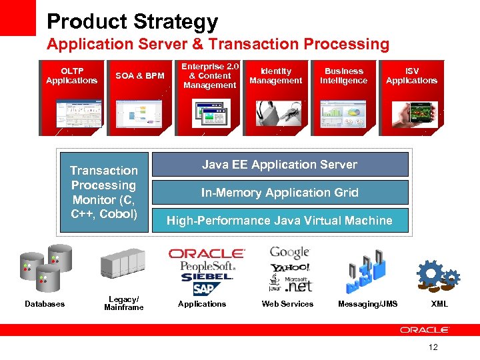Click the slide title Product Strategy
pyautogui.click(x=132, y=21)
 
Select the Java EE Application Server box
pyautogui.click(x=280, y=165)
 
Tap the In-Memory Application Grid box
pyautogui.click(x=280, y=193)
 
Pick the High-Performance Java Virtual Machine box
pyautogui.click(x=280, y=221)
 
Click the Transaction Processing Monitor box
pyautogui.click(x=104, y=192)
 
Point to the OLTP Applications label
pyautogui.click(x=71, y=76)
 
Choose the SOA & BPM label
pyautogui.click(x=140, y=76)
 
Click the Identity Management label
pyautogui.click(x=275, y=76)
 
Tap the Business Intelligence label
pyautogui.click(x=343, y=76)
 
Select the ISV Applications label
pyautogui.click(x=411, y=76)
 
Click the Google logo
pyautogui.click(x=289, y=253)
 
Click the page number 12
pyautogui.click(x=433, y=347)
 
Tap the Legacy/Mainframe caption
pyautogui.click(x=124, y=304)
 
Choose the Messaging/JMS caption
pyautogui.click(x=367, y=304)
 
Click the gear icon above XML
pyautogui.click(x=438, y=275)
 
